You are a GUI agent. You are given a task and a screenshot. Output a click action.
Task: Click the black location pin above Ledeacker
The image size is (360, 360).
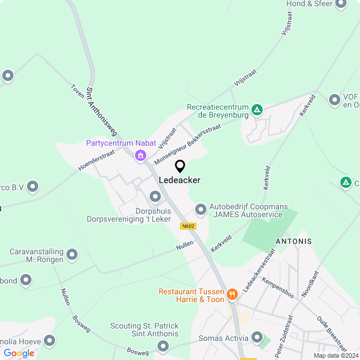[x=180, y=166]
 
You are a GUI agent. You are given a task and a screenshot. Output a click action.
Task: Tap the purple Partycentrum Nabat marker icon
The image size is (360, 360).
[x=141, y=155]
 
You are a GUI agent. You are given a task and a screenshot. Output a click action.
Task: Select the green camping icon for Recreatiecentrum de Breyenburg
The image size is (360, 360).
[x=257, y=110]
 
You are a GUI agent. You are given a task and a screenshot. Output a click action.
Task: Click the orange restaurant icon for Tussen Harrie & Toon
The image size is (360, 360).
[x=232, y=294]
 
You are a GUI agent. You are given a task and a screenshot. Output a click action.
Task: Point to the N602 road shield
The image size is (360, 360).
[x=188, y=226]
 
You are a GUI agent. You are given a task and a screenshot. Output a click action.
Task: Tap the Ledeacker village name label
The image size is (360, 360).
[x=179, y=180]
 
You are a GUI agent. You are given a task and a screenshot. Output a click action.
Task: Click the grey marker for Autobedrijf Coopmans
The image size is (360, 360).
[x=200, y=210]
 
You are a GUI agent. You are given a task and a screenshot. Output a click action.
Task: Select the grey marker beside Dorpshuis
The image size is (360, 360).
[x=156, y=197]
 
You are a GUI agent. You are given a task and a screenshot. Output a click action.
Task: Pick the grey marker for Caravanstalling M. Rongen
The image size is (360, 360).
[x=72, y=255]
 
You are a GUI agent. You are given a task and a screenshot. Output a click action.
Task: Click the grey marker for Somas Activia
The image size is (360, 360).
[x=257, y=338]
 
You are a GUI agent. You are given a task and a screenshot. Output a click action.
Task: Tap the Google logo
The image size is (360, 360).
[x=19, y=353]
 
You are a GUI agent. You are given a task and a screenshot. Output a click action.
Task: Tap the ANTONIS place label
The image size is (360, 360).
[x=293, y=241]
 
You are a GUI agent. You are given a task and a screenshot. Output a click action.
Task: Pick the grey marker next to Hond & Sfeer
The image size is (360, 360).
[x=340, y=4]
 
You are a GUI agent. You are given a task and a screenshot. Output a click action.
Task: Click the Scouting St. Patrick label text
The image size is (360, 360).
[x=144, y=326]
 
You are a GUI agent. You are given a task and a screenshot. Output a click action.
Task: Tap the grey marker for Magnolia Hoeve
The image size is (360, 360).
[x=49, y=340]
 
